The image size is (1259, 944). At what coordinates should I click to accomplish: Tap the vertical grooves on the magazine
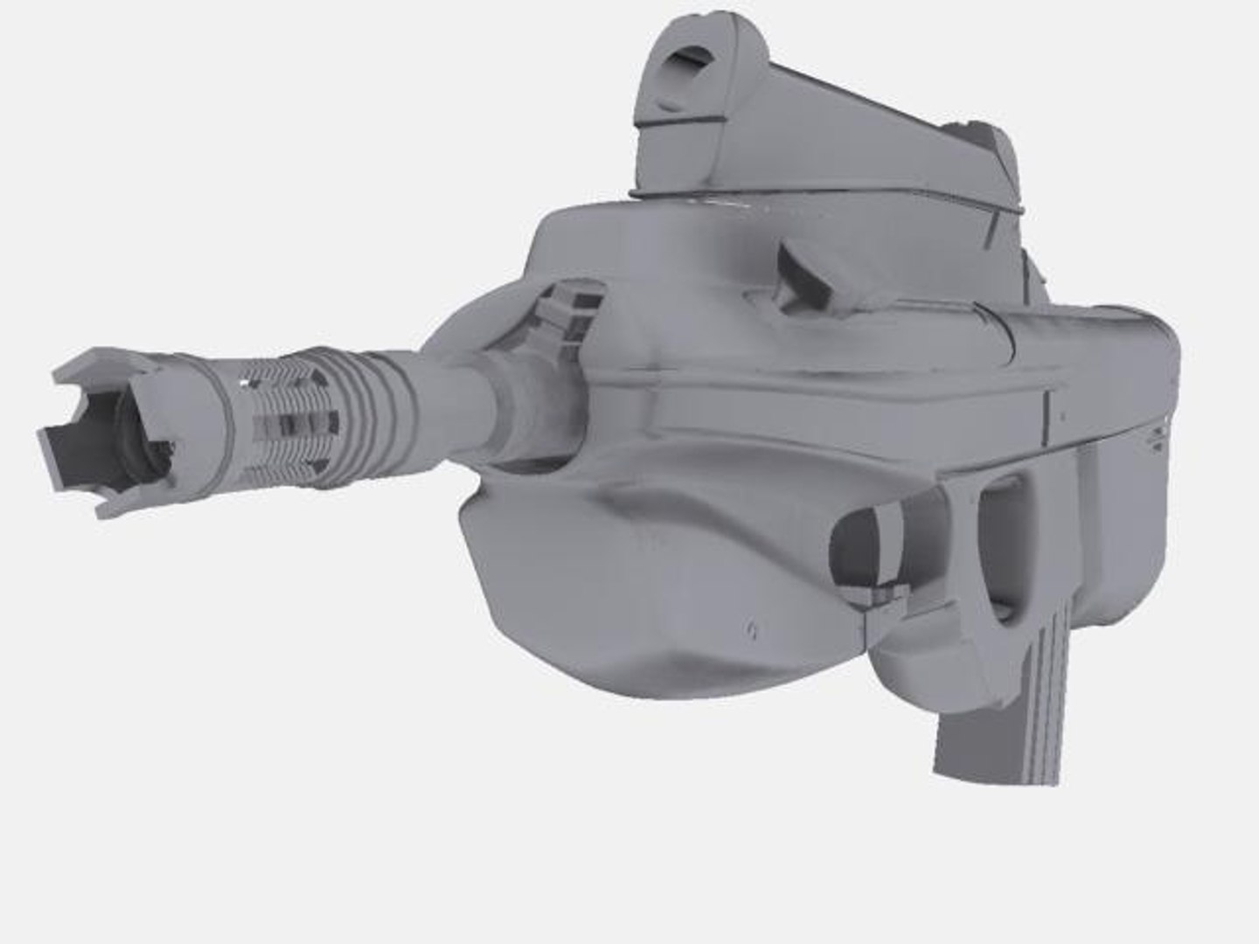click(1040, 699)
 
